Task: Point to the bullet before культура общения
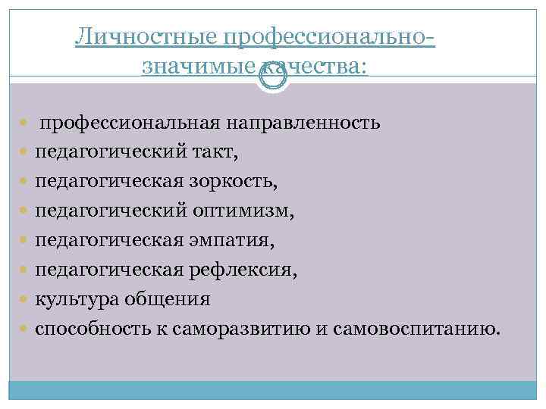tap(27, 300)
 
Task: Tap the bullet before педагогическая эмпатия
tap(27, 241)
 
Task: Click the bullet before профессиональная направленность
tap(27, 123)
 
